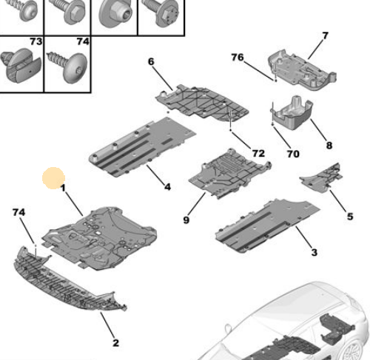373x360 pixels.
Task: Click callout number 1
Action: click(x=64, y=189)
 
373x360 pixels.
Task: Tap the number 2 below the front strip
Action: click(x=115, y=342)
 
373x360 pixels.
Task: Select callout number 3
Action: click(x=314, y=253)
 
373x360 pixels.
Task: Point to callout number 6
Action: click(x=151, y=64)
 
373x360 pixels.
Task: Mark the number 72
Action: click(x=258, y=153)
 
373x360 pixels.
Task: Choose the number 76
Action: click(x=237, y=57)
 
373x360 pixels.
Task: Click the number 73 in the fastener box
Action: click(x=36, y=42)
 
